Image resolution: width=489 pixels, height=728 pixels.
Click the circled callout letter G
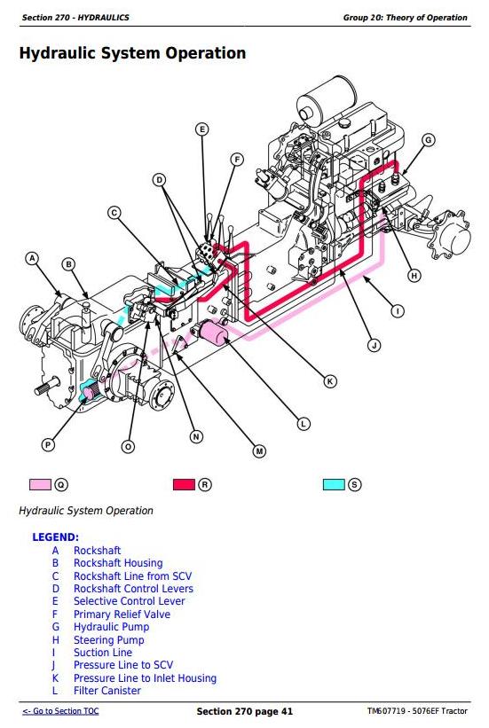(x=428, y=140)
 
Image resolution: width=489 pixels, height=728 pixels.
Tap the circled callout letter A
(x=32, y=259)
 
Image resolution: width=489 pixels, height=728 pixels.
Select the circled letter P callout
(x=47, y=445)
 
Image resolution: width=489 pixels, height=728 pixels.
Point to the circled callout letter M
(x=259, y=450)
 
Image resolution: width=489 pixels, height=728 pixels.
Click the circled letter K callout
(x=330, y=381)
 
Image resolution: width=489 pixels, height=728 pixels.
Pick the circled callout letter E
(x=201, y=129)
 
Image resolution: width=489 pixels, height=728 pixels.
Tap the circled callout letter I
(x=398, y=310)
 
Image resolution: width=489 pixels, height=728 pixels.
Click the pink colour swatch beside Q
(x=40, y=484)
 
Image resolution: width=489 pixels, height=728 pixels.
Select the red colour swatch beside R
(x=184, y=484)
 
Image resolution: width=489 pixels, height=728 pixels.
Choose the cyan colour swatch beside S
(x=334, y=484)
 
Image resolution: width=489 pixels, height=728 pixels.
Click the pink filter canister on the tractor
(x=212, y=332)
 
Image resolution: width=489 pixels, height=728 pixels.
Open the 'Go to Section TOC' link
(x=60, y=711)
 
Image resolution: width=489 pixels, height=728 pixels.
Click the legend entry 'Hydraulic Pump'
(x=112, y=627)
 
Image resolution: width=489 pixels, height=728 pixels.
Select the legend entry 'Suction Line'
(x=103, y=653)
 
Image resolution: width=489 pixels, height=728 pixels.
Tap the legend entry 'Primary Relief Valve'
(x=122, y=614)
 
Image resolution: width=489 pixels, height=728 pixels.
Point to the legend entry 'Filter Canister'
(x=106, y=691)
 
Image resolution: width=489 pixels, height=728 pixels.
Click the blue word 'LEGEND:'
(x=55, y=537)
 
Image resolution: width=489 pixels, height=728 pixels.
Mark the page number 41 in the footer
(x=287, y=711)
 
